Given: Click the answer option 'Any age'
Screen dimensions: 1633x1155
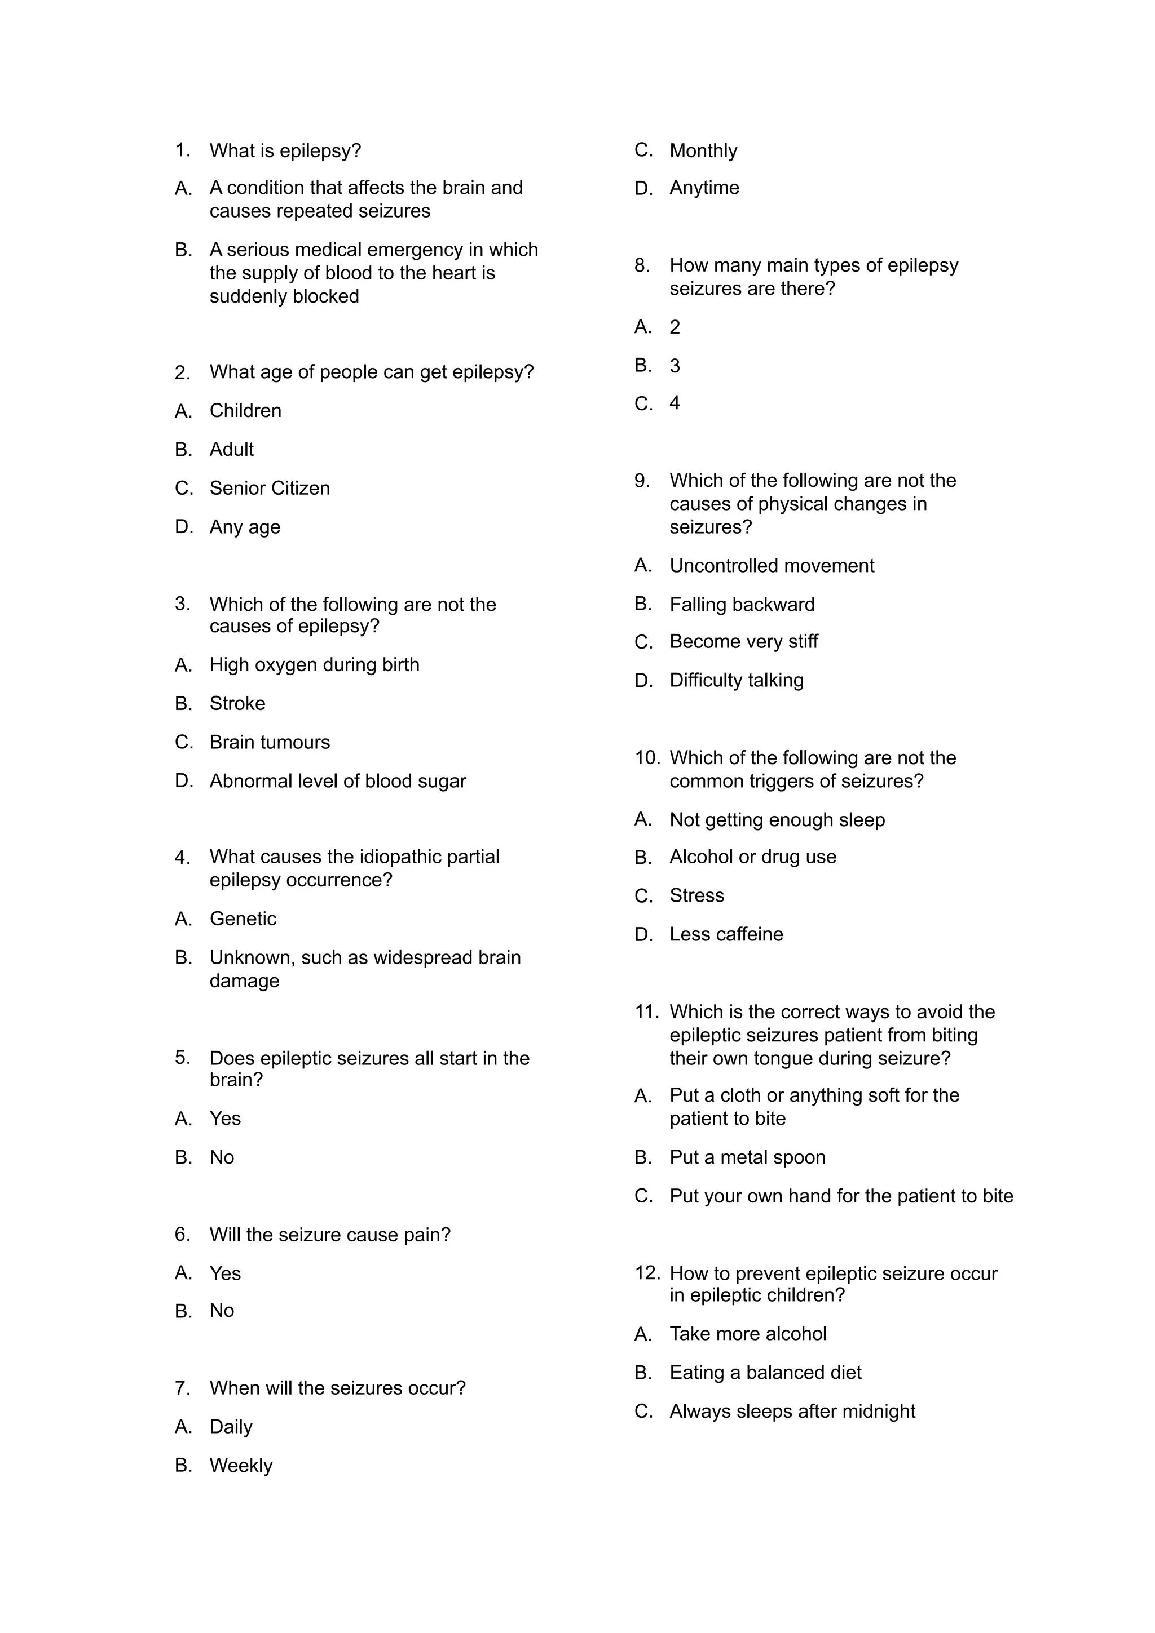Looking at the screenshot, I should [x=245, y=527].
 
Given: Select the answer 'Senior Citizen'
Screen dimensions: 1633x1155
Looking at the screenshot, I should [x=270, y=489].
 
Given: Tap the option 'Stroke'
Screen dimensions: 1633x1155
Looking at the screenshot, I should [x=237, y=703].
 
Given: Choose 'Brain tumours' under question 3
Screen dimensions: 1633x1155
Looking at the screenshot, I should [x=270, y=743].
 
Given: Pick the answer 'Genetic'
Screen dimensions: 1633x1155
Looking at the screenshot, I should [x=243, y=919].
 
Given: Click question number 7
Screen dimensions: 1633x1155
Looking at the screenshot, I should [x=182, y=1388].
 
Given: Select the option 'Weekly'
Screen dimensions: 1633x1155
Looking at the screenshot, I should [x=241, y=1465].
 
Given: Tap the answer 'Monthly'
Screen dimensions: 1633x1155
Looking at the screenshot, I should [x=703, y=151].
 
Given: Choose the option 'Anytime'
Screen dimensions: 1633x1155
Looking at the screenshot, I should [x=704, y=188].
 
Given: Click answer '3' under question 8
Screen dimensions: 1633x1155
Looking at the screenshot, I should [x=675, y=366].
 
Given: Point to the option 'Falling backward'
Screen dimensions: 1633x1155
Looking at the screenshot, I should [x=742, y=605].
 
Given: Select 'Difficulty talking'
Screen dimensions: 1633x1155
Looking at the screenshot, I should [x=736, y=681].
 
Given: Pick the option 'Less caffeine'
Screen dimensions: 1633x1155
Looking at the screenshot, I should [x=726, y=935].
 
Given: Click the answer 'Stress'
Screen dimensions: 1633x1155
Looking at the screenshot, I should [x=696, y=895].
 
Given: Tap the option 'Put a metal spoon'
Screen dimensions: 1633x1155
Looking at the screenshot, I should [x=747, y=1157].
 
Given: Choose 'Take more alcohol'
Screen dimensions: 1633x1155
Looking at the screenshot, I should [x=748, y=1334].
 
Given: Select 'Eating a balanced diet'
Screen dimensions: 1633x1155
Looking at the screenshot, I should [x=765, y=1373].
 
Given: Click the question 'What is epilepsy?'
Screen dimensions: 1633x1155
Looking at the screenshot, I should [x=285, y=151].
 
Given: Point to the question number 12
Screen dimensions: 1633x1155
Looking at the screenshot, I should [x=647, y=1273].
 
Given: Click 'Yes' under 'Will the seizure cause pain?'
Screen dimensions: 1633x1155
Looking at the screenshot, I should [x=225, y=1273].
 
